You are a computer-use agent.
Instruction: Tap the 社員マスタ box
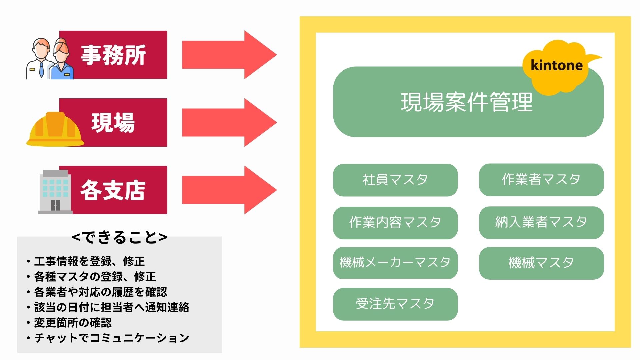395,180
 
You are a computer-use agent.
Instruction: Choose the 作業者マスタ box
541,180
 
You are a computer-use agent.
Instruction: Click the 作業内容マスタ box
395,223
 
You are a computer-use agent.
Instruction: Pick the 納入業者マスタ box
541,222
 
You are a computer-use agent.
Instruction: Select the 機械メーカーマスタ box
395,263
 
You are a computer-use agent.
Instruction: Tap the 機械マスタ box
541,263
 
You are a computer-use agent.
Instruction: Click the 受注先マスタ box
395,304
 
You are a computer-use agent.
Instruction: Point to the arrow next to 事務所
229,55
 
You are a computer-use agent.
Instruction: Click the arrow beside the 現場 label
229,122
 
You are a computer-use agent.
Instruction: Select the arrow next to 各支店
229,190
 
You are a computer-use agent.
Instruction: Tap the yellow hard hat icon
55,129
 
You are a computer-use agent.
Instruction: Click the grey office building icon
55,192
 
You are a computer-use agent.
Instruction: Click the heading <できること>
120,237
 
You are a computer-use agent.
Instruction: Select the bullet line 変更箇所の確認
69,323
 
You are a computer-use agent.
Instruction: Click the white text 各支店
113,190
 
